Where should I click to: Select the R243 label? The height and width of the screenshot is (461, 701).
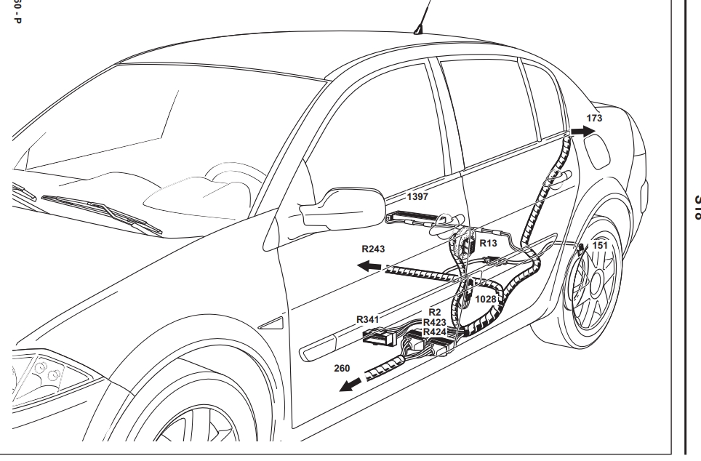[374, 247]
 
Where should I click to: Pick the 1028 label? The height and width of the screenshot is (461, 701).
[486, 299]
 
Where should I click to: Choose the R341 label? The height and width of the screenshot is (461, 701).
[369, 318]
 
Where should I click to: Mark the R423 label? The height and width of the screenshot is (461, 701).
[434, 322]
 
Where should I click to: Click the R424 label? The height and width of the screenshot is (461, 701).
[434, 331]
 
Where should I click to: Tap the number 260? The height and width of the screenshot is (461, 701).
[343, 369]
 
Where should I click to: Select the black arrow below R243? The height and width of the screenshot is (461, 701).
[370, 267]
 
